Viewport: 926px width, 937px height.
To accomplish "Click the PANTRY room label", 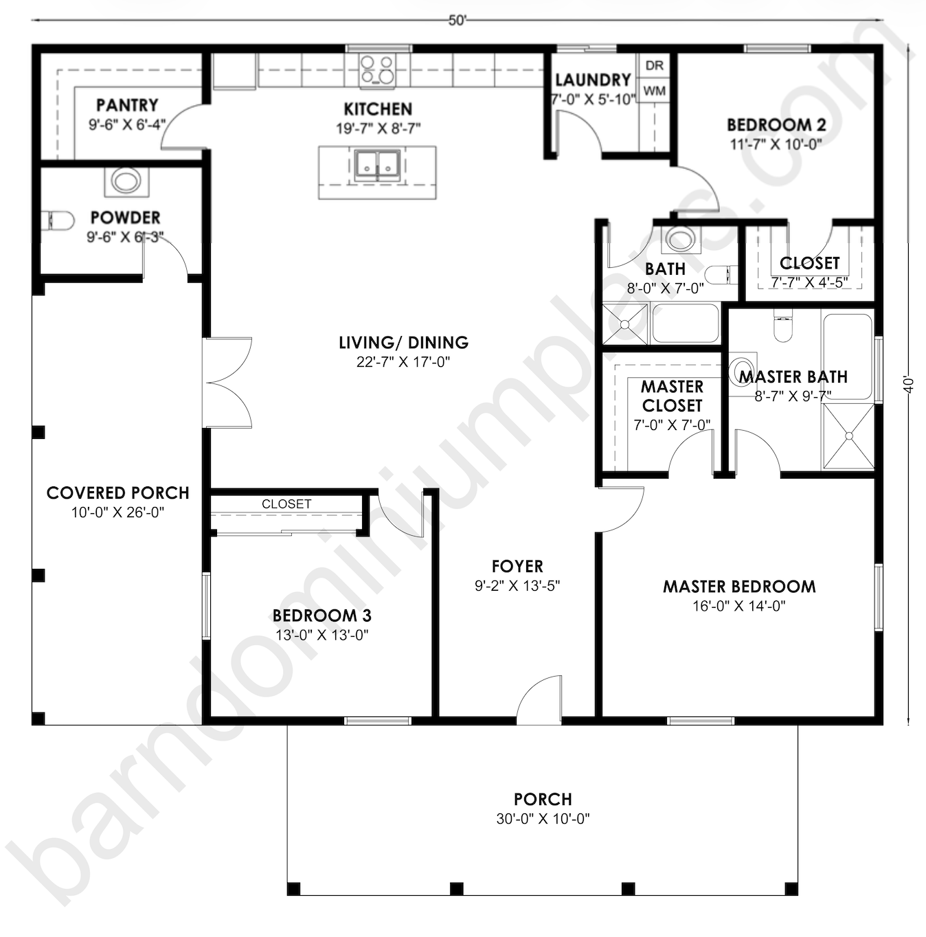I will (127, 105).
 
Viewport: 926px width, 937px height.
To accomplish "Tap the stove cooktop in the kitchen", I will (378, 70).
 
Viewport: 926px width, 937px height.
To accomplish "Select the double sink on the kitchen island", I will (377, 166).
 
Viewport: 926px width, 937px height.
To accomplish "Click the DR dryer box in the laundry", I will (655, 65).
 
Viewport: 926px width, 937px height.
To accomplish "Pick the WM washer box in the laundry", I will (655, 91).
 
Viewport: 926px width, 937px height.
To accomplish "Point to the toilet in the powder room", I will (58, 221).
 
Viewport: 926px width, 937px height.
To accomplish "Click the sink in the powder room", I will (126, 181).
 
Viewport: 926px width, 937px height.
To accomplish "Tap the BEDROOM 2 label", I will (776, 125).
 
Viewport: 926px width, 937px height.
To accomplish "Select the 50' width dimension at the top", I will (458, 21).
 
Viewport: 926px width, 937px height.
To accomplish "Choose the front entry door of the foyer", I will (539, 701).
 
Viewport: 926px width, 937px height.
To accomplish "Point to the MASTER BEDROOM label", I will (739, 587).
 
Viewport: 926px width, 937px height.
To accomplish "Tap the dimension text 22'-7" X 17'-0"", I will (403, 362).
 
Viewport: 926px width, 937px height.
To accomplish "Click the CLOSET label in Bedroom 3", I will (286, 504).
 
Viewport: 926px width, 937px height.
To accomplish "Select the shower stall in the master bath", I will (848, 436).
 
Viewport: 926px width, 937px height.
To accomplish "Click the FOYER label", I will (517, 567).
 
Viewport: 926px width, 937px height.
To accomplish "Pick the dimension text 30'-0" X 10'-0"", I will (543, 819).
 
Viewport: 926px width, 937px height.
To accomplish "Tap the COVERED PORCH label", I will (117, 493).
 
